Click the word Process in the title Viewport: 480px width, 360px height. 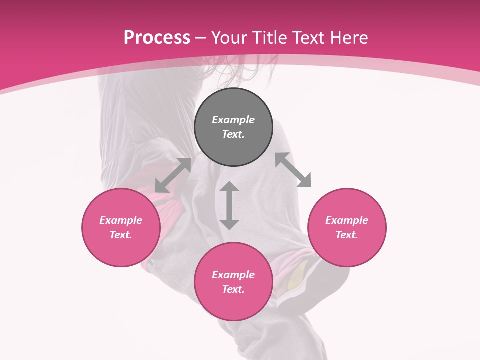pos(157,38)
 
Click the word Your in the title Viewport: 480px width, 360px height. pos(229,38)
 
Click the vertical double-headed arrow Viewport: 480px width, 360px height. pos(229,205)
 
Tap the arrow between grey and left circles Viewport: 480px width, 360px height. pos(173,175)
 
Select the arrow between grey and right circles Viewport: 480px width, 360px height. pos(293,170)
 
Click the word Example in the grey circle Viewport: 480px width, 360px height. pos(233,120)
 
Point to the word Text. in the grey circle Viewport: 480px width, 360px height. pos(233,134)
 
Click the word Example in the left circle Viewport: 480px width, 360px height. pos(121,220)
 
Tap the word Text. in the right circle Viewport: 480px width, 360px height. pos(347,235)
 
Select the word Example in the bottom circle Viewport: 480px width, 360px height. pos(233,275)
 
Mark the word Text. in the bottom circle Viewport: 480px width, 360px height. pos(233,289)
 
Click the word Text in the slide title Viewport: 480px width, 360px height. pos(308,38)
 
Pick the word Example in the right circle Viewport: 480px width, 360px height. pos(347,220)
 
